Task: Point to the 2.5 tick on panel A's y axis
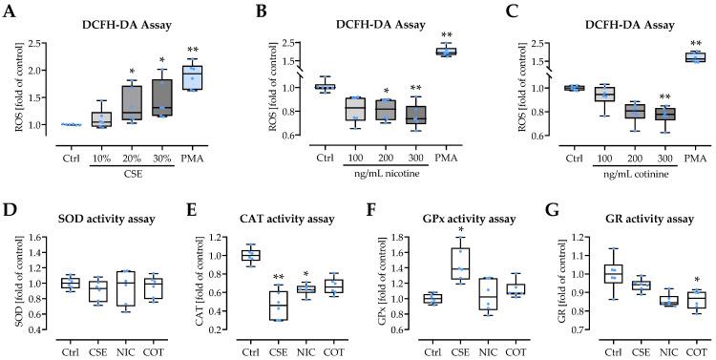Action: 46,44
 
